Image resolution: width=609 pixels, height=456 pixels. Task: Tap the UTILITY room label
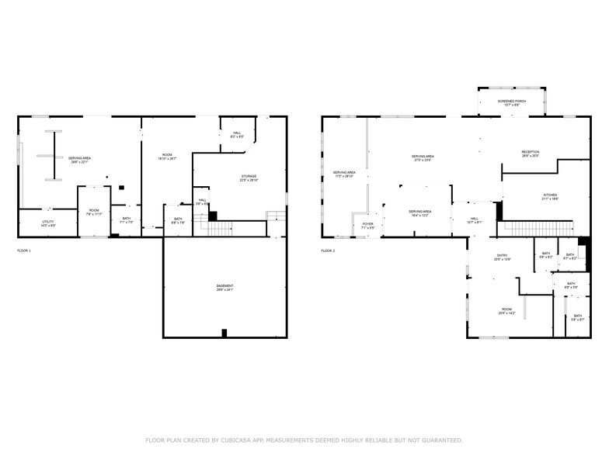tap(47, 223)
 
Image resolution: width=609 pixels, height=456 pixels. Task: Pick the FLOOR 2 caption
tap(328, 250)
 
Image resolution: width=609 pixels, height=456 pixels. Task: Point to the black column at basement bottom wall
tap(224, 333)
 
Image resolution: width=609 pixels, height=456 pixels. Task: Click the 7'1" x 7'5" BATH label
tap(127, 219)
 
